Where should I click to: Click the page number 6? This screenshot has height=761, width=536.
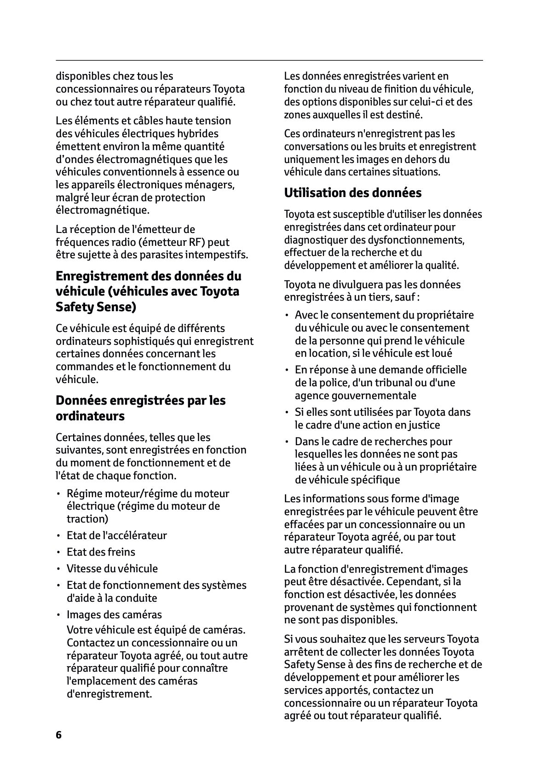pos(58,735)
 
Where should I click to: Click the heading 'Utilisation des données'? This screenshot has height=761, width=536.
pos(352,192)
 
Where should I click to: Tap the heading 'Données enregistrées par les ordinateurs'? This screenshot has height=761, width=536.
pos(140,408)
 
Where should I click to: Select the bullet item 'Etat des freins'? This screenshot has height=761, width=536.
pos(101,552)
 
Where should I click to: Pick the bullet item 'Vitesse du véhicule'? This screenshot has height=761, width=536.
pos(112,569)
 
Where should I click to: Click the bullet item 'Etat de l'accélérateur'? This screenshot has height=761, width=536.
pos(116,535)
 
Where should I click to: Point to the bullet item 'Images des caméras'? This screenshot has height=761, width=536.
pos(114,615)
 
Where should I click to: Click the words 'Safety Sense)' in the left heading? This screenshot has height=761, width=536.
pos(96,307)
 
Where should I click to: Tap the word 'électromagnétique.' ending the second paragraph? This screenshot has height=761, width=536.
pos(103,210)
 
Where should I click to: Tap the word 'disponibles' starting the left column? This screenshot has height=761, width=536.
pos(82,76)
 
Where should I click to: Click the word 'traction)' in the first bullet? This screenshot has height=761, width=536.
pos(87,519)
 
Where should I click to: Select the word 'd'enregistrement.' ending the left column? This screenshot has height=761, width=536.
pos(109,694)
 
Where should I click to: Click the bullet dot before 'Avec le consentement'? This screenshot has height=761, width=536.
pos(287,315)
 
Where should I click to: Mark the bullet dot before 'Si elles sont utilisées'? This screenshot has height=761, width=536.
pos(287,412)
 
